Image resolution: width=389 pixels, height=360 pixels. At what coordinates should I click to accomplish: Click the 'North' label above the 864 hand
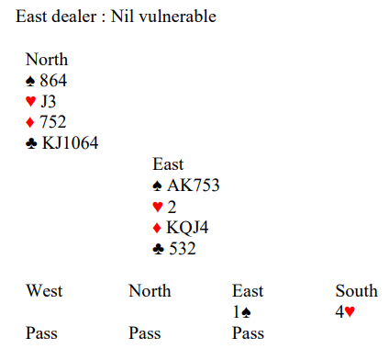point(47,59)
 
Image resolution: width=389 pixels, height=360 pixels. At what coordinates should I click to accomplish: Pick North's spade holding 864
point(53,81)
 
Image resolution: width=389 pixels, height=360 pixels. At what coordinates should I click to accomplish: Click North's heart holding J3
point(49,101)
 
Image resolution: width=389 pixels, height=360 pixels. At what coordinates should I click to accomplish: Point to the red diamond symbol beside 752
point(30,122)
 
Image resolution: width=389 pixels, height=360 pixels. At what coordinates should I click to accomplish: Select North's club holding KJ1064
point(71,143)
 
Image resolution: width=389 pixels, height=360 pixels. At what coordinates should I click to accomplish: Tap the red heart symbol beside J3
point(30,101)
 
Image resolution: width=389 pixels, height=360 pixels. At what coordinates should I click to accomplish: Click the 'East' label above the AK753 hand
point(168,164)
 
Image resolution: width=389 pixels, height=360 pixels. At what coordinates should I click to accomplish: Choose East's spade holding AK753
point(194,186)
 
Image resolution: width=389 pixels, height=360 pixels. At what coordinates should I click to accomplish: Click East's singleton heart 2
point(172,207)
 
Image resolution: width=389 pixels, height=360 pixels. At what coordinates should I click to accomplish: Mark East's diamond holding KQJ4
point(187,228)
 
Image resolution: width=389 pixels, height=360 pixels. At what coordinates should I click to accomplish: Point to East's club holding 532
point(183,249)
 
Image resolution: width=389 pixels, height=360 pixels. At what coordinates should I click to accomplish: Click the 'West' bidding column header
point(44,290)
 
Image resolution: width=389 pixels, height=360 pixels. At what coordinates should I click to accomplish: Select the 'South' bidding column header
point(357,290)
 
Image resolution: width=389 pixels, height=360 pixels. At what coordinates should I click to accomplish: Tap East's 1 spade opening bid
point(241,312)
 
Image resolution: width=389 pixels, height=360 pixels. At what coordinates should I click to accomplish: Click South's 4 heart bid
point(345,312)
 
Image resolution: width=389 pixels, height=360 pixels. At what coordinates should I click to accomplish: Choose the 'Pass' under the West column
point(41,333)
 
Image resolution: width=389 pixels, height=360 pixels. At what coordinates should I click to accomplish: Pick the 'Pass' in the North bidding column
point(145,333)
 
